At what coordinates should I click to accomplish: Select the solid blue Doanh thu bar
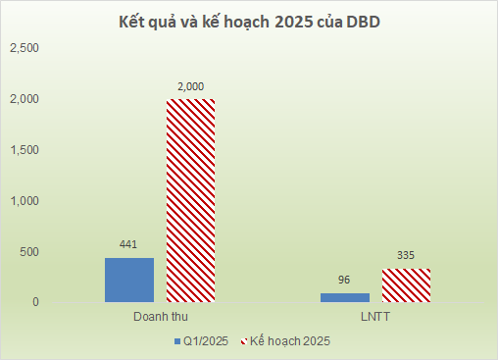pyautogui.click(x=129, y=280)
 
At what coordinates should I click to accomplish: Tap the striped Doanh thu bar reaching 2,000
pyautogui.click(x=190, y=200)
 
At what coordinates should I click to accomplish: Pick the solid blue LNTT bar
pyautogui.click(x=346, y=296)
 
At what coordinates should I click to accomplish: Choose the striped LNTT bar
pyautogui.click(x=406, y=285)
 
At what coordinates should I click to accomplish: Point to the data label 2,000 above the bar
pyautogui.click(x=190, y=87)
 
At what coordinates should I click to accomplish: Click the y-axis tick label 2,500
pyautogui.click(x=24, y=48)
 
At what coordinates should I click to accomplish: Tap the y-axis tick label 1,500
pyautogui.click(x=24, y=150)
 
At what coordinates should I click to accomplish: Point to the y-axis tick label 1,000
pyautogui.click(x=24, y=201)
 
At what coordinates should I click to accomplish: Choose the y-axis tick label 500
pyautogui.click(x=28, y=252)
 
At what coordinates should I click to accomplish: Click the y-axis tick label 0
pyautogui.click(x=34, y=302)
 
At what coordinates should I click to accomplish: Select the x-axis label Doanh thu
pyautogui.click(x=160, y=319)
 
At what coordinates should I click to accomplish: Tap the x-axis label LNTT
pyautogui.click(x=376, y=319)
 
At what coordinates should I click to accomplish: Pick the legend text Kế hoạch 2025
pyautogui.click(x=290, y=341)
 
